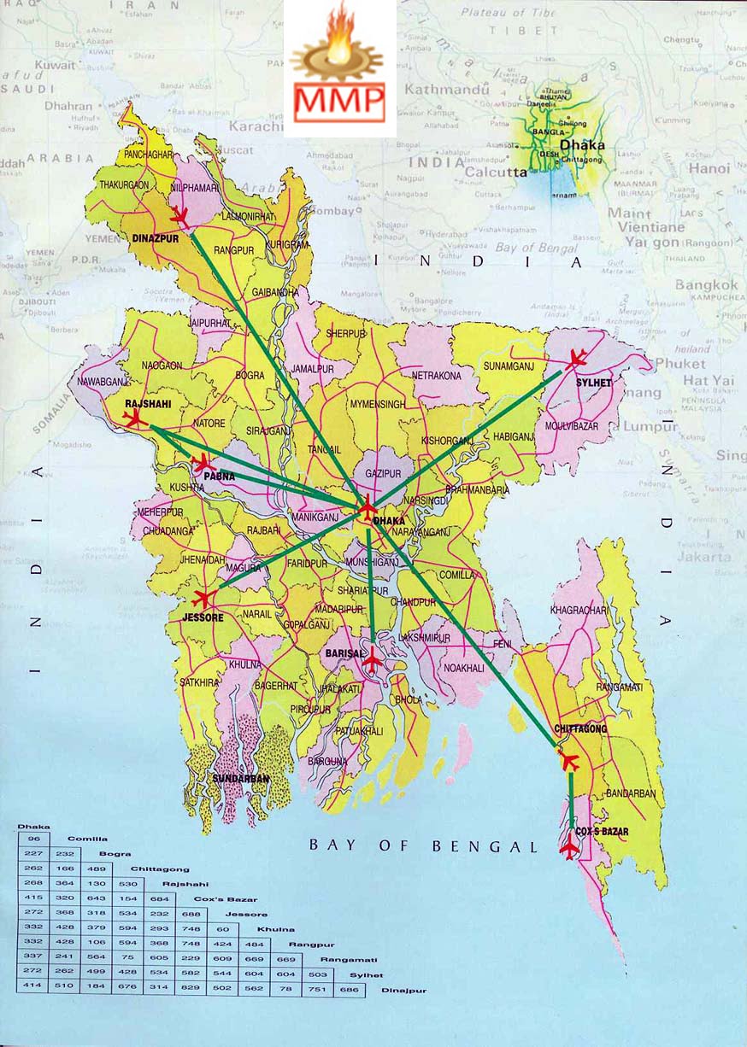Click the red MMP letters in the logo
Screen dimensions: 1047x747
(339, 102)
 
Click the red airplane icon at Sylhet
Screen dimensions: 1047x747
(575, 359)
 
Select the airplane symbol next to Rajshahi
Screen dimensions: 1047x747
(134, 418)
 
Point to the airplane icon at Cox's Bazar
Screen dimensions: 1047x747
(569, 847)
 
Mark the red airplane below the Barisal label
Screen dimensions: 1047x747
(372, 659)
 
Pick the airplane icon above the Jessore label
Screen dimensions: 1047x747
(205, 598)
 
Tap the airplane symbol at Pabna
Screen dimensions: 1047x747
(202, 464)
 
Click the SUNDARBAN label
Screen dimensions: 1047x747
(241, 779)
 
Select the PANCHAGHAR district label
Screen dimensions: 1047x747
(148, 155)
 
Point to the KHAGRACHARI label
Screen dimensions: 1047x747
(579, 610)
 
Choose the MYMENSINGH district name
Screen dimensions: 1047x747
(377, 404)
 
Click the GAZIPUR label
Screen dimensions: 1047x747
(383, 472)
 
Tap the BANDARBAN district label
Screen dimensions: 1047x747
(630, 793)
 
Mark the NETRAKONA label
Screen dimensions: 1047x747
(436, 375)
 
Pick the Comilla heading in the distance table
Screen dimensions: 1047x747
(88, 839)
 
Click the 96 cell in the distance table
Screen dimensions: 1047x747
(34, 839)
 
